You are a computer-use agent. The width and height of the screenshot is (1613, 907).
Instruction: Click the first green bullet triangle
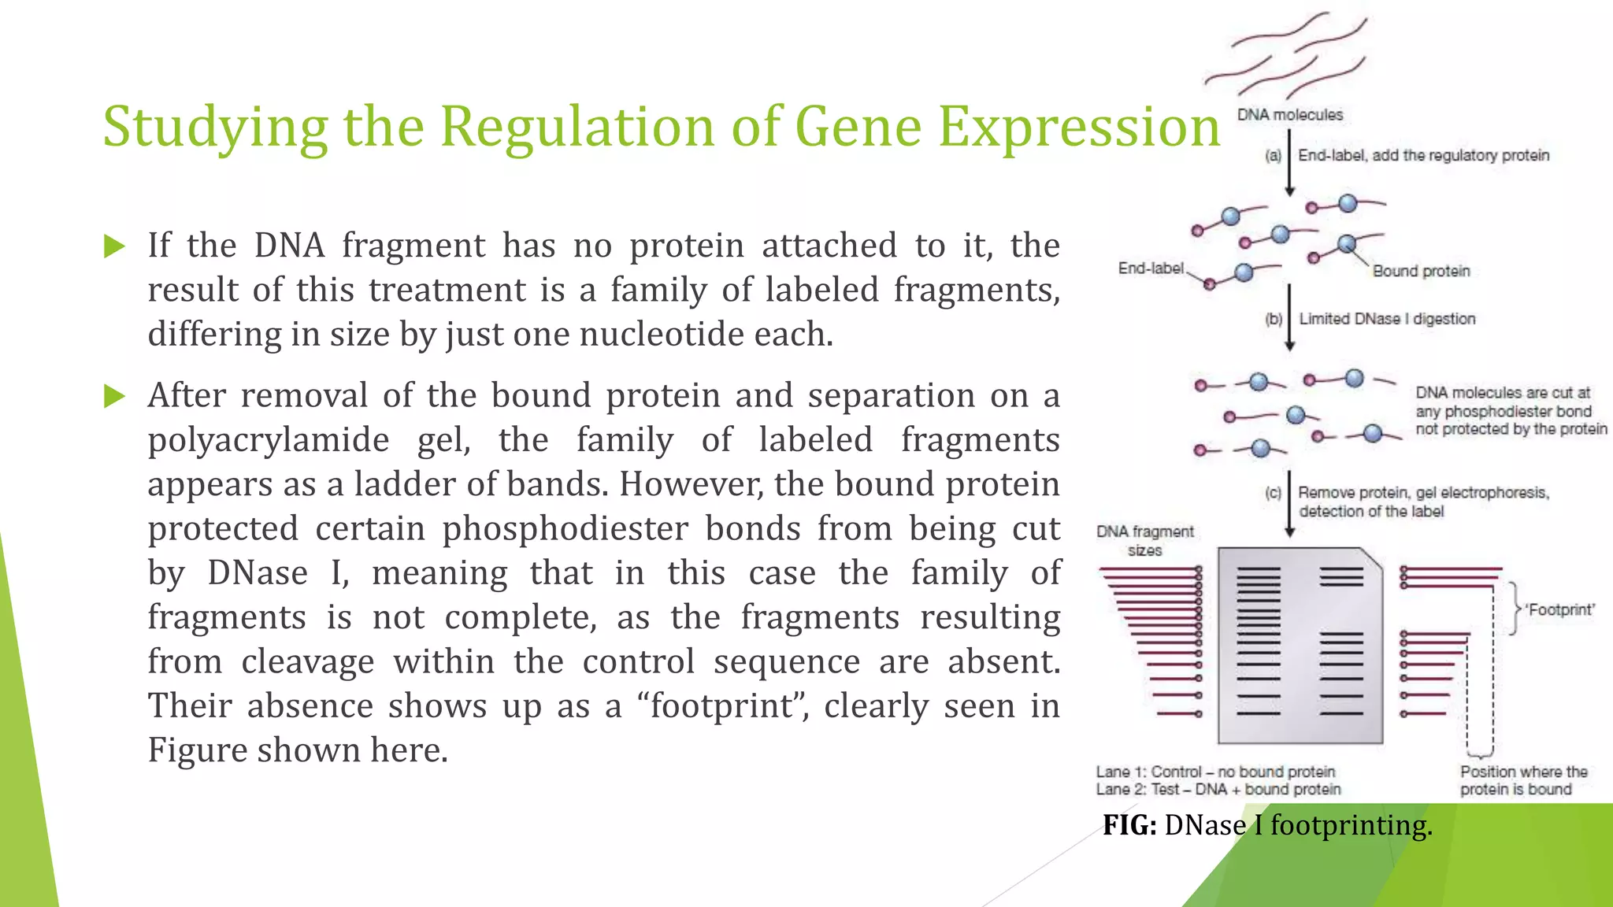114,246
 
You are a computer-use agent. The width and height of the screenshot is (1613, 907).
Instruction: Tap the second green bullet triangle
114,396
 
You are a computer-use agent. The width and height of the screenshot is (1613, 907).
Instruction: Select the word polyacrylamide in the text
269,440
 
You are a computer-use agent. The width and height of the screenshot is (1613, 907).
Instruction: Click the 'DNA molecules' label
1289,115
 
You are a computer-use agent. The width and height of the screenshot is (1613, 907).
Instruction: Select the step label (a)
1273,156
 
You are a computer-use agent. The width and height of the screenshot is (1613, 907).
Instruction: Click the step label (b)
1273,319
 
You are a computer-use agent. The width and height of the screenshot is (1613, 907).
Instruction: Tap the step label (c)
1273,493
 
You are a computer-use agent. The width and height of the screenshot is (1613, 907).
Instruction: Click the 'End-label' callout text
1151,268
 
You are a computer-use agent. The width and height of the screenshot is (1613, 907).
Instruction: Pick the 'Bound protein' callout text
1421,271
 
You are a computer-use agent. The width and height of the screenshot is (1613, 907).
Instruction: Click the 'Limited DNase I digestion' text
1387,319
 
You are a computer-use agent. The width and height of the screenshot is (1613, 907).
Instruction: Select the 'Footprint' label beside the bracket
1559,609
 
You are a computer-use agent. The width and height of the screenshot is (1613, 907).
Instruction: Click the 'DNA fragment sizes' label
1145,541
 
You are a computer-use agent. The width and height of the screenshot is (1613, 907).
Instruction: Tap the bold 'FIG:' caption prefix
1129,825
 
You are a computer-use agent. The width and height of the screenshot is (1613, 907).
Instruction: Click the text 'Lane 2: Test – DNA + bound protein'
1218,790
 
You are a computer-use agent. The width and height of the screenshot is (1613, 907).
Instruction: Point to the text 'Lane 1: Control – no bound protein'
1215,772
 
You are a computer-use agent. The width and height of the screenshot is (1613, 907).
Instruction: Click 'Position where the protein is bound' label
1523,780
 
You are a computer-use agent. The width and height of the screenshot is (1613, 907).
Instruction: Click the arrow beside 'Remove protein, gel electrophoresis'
1289,504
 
